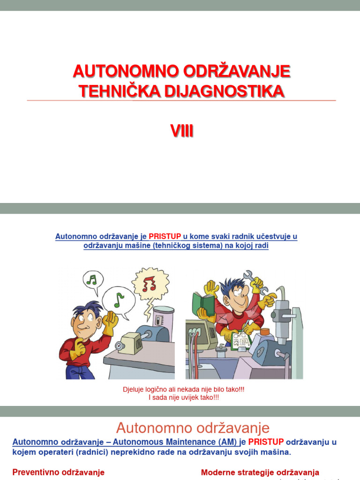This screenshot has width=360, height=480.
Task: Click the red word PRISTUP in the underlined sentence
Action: click(x=165, y=237)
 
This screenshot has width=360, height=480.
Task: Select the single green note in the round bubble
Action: click(x=119, y=300)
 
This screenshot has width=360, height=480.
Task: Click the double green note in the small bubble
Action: click(x=93, y=280)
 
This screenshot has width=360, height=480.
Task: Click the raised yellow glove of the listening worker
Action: click(x=111, y=322)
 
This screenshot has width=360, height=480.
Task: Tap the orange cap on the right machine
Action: click(x=265, y=332)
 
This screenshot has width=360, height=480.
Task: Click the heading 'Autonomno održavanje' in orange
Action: click(x=193, y=427)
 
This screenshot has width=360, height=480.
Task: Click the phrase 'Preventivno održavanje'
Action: click(x=58, y=472)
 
